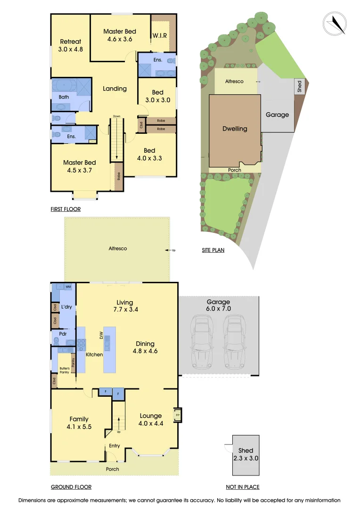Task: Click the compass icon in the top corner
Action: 335,23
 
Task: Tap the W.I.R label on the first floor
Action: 159,35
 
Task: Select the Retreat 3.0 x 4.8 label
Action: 70,45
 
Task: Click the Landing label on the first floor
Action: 115,89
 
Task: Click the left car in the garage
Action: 201,343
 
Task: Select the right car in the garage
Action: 234,343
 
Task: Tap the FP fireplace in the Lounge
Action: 178,415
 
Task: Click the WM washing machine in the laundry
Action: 68,287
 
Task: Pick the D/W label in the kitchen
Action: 100,336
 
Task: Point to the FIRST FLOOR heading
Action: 65,209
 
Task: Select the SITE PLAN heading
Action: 213,250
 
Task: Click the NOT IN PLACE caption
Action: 243,487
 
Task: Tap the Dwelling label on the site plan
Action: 235,129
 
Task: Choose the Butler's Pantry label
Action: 64,370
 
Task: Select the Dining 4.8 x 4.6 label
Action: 145,347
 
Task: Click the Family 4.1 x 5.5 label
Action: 79,423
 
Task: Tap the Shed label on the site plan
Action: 299,86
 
